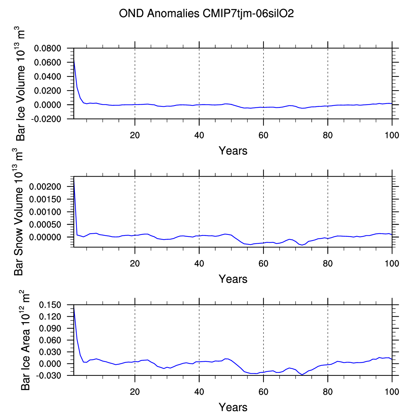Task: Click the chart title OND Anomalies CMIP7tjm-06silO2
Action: (x=206, y=14)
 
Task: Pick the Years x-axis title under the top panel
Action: (x=233, y=151)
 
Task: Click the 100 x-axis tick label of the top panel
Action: (x=392, y=135)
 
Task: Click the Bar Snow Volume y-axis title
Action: (x=19, y=212)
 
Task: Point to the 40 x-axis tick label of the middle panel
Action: (x=199, y=264)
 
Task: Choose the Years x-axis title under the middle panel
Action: (x=233, y=279)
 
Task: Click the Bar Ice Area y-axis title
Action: (x=25, y=342)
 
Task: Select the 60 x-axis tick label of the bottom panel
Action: (x=264, y=392)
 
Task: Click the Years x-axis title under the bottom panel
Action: (x=233, y=407)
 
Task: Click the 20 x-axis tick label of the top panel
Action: (x=135, y=135)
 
